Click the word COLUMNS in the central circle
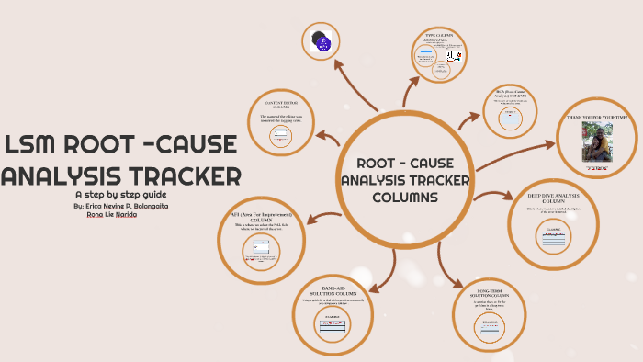pyautogui.click(x=405, y=198)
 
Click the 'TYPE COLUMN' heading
pyautogui.click(x=440, y=36)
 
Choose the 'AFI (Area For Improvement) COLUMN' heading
pyautogui.click(x=262, y=218)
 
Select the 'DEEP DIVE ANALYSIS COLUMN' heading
pyautogui.click(x=553, y=198)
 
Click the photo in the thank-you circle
pyautogui.click(x=598, y=145)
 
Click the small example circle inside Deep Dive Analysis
pyautogui.click(x=553, y=237)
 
